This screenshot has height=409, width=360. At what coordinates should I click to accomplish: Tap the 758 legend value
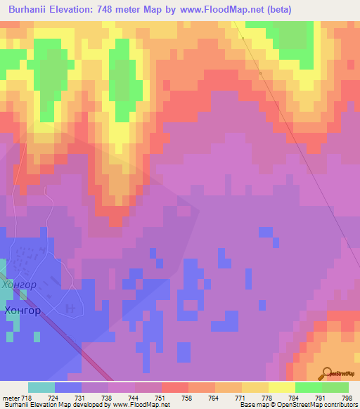(x=186, y=398)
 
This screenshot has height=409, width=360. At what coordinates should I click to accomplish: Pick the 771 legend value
(x=240, y=398)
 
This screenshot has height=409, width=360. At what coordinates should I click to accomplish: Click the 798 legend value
(x=346, y=398)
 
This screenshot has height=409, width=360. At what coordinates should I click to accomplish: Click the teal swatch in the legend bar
(x=41, y=387)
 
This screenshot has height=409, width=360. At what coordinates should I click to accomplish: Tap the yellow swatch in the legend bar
(x=281, y=387)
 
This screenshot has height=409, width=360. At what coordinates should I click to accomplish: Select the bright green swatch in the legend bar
(x=308, y=387)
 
